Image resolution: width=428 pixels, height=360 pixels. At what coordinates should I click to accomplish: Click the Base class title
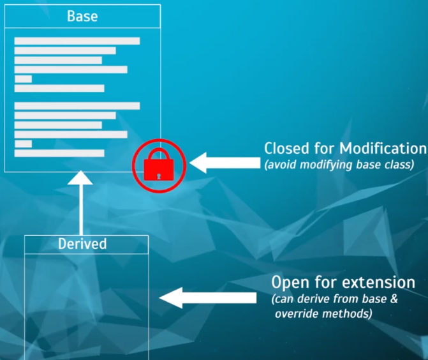(82, 16)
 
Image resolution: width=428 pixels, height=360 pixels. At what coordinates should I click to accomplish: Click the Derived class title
(82, 244)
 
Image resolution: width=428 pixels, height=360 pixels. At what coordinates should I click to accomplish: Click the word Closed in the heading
(287, 149)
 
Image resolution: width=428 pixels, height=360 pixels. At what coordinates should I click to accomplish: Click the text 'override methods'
(323, 313)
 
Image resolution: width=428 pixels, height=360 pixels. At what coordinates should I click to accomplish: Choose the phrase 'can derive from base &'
(335, 299)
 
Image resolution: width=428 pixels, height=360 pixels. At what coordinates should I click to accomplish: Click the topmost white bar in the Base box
(77, 41)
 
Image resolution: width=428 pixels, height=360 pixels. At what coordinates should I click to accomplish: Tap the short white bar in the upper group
(23, 79)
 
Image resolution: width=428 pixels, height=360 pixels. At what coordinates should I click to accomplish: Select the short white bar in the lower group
(23, 144)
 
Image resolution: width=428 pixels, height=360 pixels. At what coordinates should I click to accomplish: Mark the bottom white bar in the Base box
(59, 153)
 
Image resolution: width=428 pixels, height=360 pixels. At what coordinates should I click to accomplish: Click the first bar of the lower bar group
(77, 106)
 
